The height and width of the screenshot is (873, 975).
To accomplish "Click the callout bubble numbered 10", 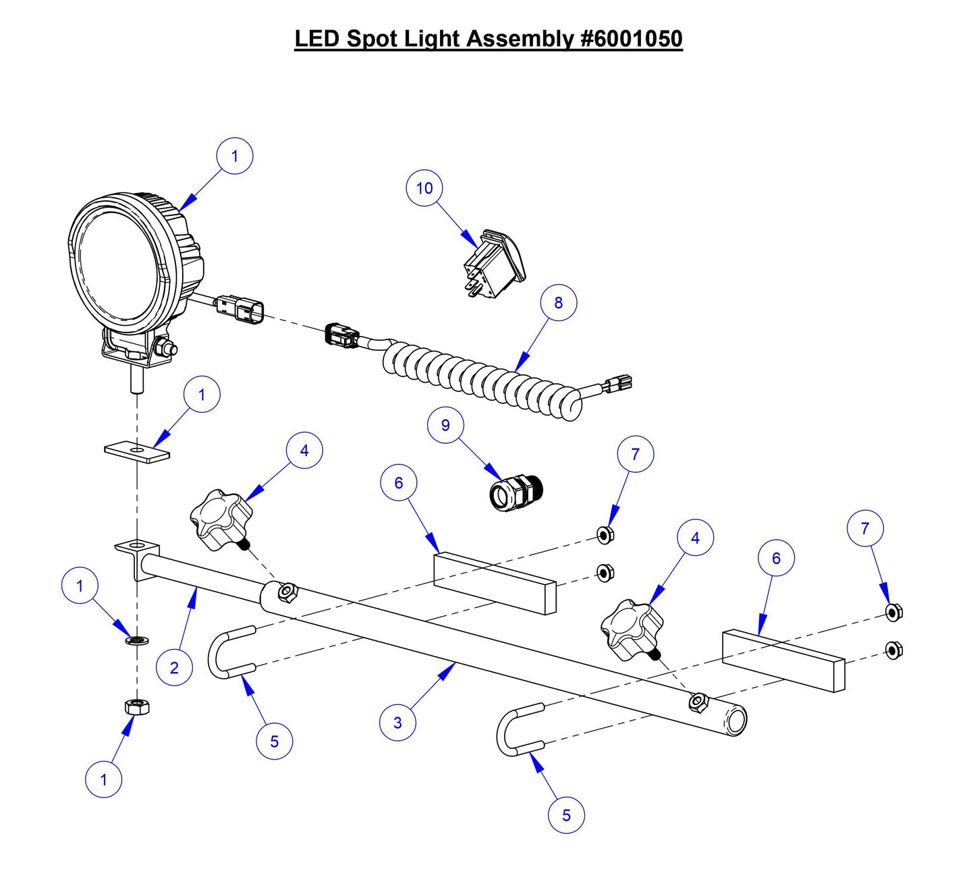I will [x=424, y=188].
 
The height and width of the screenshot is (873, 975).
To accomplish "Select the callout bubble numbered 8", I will [x=558, y=303].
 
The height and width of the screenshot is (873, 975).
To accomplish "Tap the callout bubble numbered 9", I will [x=445, y=425].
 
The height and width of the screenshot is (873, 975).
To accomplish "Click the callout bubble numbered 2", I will [x=174, y=668].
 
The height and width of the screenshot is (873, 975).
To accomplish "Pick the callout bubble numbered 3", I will [x=397, y=723].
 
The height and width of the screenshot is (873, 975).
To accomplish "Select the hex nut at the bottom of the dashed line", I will [x=137, y=708].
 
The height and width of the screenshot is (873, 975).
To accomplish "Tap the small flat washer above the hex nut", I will [x=137, y=639].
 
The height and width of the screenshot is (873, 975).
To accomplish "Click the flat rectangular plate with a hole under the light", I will [x=137, y=450].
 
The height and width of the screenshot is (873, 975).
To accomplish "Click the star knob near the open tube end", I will [x=628, y=630].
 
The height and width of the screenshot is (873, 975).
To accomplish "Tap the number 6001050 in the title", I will [x=632, y=38].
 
